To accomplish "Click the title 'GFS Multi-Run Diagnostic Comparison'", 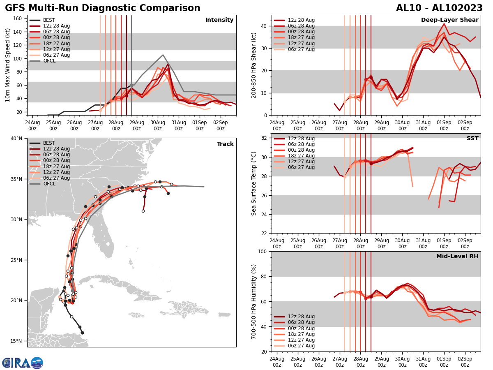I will (x=103, y=8).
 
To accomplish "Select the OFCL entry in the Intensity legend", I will (x=49, y=61).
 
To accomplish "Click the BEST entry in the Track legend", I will (x=49, y=143).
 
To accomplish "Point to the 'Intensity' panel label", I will (x=219, y=20).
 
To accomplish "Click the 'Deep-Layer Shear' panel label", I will (x=449, y=20).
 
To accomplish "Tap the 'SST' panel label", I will (x=472, y=139).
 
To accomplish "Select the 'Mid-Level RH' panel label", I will (x=457, y=257).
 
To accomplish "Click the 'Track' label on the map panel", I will (x=225, y=144).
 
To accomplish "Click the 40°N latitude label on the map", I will (x=16, y=139).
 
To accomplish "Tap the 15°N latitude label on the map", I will (x=16, y=341).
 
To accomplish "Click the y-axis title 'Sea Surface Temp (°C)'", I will (x=254, y=183).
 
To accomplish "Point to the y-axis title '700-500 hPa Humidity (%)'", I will (x=254, y=301).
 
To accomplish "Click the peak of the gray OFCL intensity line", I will (x=163, y=55).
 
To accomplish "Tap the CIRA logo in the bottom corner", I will (x=23, y=363).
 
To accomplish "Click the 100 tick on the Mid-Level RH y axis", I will (x=263, y=251).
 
